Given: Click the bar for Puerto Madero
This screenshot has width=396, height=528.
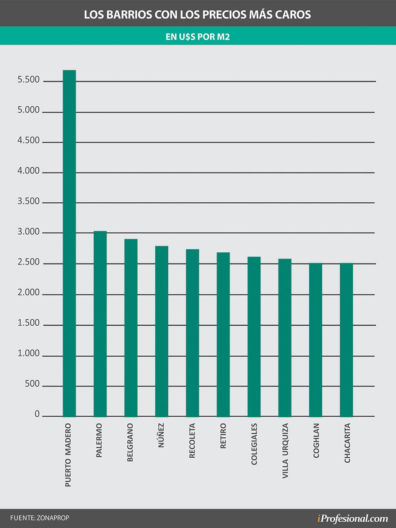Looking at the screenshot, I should point(69,243).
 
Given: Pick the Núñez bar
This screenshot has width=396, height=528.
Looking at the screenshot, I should point(162,331).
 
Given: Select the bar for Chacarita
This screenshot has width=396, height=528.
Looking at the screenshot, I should point(346,340).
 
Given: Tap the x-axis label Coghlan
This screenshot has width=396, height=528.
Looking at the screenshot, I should point(316,441).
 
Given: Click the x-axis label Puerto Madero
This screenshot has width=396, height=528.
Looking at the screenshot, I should point(68,455).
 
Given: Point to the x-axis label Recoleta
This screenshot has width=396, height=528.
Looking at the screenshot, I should point(192,441).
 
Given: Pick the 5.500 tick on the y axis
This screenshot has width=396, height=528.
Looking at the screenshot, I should point(29,80).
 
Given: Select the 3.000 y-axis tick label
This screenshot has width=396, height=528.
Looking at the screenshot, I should point(29,232).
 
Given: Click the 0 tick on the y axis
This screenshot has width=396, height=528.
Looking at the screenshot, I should point(37,414).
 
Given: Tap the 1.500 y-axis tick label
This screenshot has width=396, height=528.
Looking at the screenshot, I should point(29,323).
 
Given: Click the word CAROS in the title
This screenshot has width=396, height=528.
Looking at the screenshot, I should point(294,15).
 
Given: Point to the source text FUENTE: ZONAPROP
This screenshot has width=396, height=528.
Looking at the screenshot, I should point(40,518).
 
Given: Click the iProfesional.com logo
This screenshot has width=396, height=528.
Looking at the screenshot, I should point(352,518).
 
